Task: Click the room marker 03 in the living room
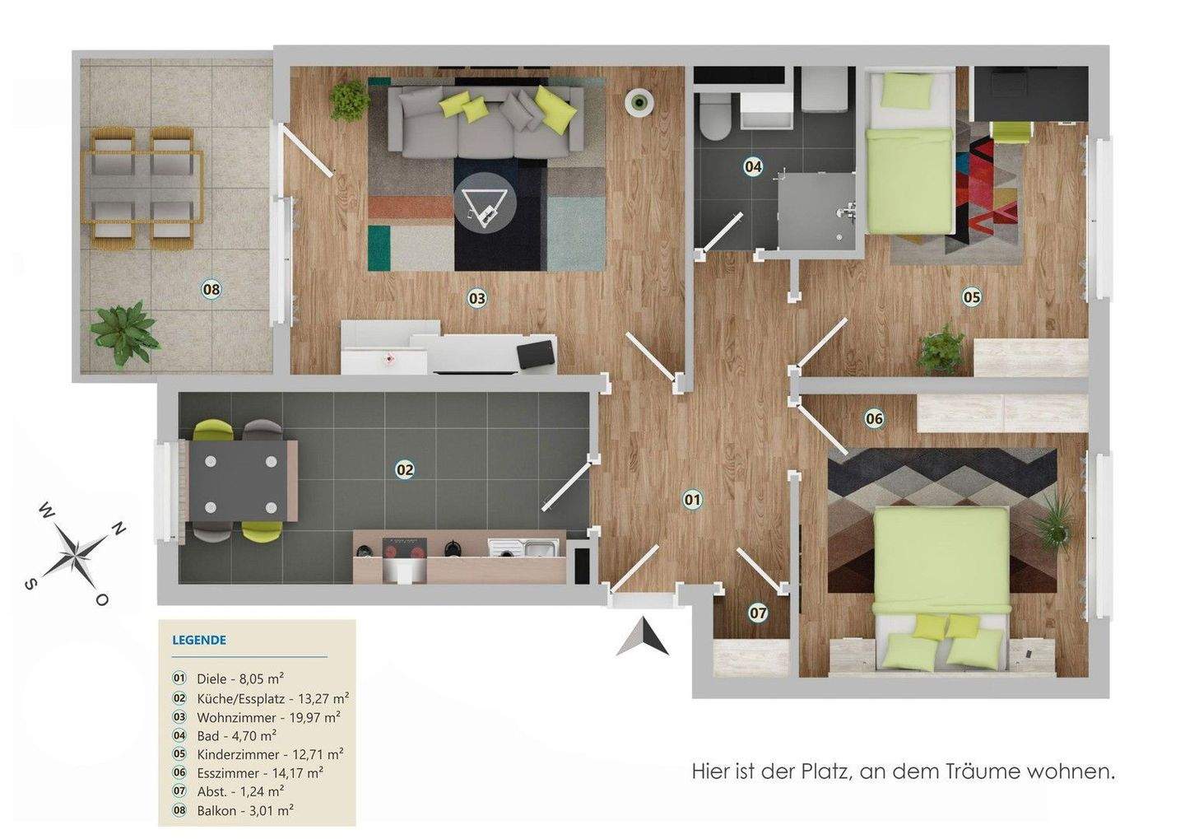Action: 477,298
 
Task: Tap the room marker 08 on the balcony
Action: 211,289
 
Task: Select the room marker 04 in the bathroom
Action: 753,167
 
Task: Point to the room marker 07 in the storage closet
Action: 758,613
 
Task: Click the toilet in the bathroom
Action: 712,120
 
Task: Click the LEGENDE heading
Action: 199,640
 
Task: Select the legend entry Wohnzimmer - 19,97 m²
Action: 268,717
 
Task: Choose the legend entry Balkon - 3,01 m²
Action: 245,810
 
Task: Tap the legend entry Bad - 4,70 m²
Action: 236,735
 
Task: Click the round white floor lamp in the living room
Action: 639,102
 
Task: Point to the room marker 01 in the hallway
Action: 692,499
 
